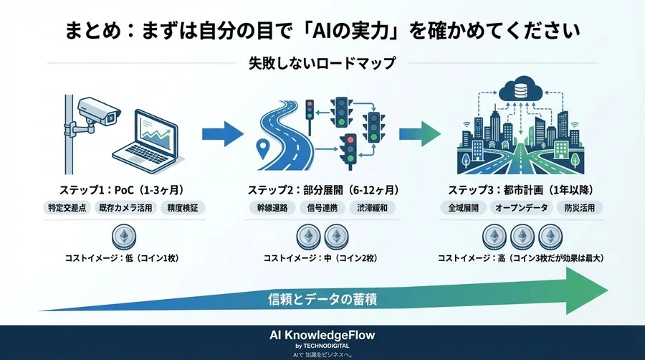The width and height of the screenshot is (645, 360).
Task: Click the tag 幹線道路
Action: point(274,208)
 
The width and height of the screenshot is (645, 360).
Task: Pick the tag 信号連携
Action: point(323,208)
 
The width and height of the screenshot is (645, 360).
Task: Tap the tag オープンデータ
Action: point(520,208)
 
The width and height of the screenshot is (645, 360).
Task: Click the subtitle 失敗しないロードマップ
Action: point(322,63)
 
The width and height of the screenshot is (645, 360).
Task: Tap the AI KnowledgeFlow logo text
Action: point(322,335)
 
